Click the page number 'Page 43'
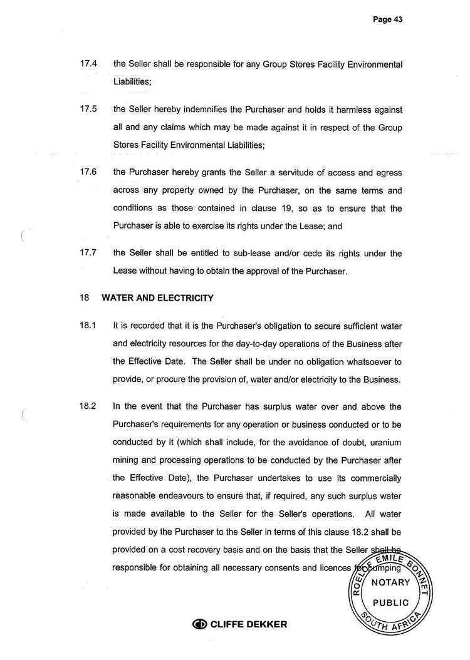click(387, 19)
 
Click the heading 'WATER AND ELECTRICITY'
click(157, 298)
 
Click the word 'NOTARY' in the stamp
click(390, 583)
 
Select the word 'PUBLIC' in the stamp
click(390, 603)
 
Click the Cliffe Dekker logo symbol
click(199, 624)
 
